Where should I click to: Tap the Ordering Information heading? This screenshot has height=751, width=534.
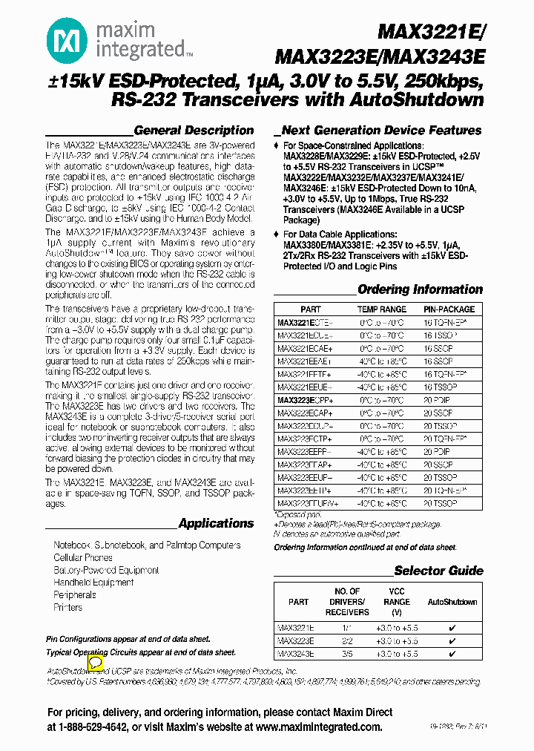tap(420, 289)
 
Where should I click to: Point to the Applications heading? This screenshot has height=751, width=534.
tap(216, 523)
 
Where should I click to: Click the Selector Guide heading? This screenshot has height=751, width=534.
tap(438, 571)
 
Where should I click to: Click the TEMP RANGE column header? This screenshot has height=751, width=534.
tap(382, 309)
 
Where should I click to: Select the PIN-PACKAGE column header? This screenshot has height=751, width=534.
tap(449, 309)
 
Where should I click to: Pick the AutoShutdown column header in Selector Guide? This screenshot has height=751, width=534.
tap(452, 603)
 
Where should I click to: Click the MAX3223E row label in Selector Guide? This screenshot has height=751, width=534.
tap(296, 640)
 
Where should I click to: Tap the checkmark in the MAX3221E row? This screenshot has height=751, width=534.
tap(452, 627)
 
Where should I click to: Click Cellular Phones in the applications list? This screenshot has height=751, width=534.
tap(83, 557)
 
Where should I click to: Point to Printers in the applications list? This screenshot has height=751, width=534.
tap(68, 607)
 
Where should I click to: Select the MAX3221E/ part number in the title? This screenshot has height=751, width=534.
tap(430, 32)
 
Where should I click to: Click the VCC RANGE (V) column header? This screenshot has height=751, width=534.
tap(397, 603)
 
